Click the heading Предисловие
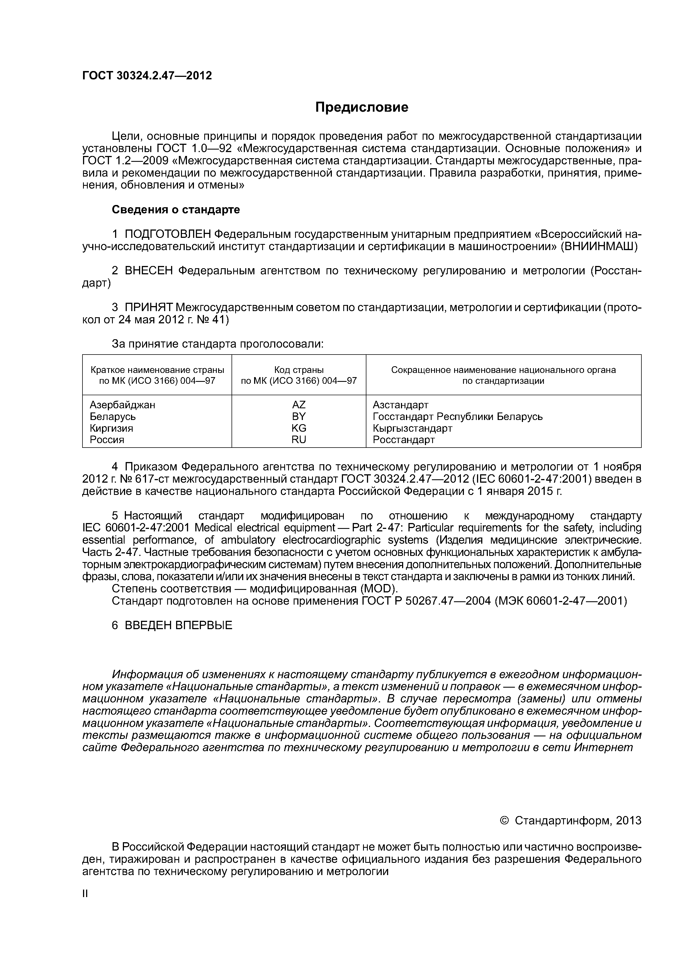[x=361, y=107]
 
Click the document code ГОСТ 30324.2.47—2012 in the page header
[x=147, y=76]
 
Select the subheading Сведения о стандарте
[x=176, y=210]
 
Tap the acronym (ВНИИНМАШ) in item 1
[x=598, y=247]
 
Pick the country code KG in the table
[x=298, y=428]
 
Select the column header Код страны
[x=298, y=370]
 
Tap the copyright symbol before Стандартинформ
[x=505, y=821]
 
